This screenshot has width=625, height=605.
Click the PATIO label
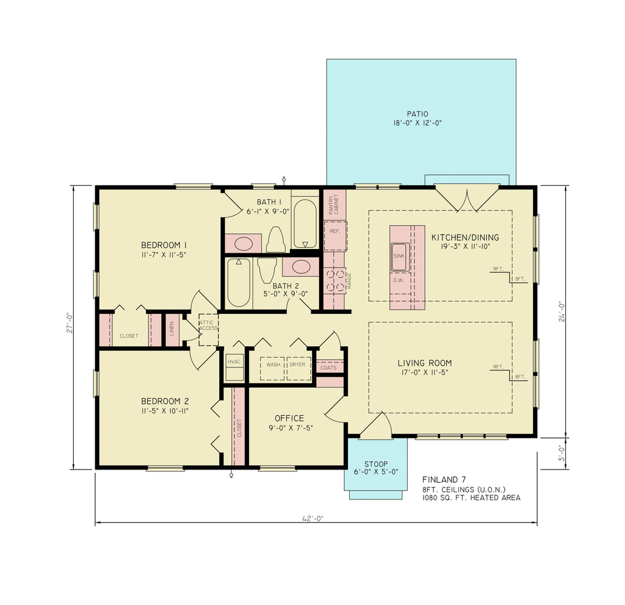[x=417, y=114]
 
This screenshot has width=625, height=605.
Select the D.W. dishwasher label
[x=399, y=280]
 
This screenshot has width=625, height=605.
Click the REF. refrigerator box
[x=334, y=232]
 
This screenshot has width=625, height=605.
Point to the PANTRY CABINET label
[x=333, y=205]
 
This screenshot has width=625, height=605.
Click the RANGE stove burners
[x=334, y=281]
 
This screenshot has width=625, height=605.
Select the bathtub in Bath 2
[x=239, y=284]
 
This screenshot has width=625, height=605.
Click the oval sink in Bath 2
[x=300, y=267]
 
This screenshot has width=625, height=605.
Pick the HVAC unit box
[x=234, y=367]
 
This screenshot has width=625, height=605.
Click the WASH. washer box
[x=273, y=368]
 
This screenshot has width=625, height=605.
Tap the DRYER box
[x=298, y=368]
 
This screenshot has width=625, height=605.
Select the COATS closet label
[x=328, y=368]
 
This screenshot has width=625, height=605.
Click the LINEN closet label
[x=172, y=330]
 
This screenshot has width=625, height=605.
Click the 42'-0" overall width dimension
[x=312, y=518]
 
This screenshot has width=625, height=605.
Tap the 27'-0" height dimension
[x=70, y=323]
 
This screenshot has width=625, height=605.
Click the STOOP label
[x=375, y=463]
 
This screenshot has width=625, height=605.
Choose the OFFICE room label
[x=289, y=418]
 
